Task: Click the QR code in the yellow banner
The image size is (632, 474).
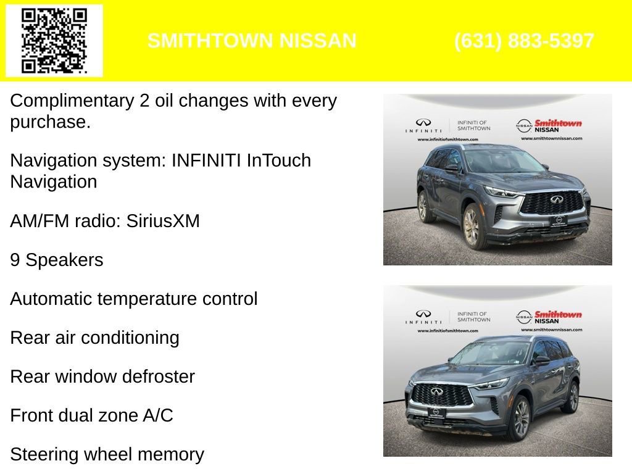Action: tap(54, 41)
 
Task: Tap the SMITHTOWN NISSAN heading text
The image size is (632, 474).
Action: tap(252, 41)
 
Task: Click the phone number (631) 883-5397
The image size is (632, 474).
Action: tap(524, 41)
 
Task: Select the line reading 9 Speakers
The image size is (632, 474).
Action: tap(57, 260)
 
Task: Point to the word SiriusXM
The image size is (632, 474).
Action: tap(163, 221)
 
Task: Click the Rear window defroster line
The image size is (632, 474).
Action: tap(102, 376)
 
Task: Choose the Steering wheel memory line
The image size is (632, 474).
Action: tap(107, 454)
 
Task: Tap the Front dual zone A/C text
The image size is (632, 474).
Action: tap(91, 415)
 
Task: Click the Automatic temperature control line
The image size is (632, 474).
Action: tap(133, 299)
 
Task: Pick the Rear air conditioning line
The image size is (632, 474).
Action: tap(94, 338)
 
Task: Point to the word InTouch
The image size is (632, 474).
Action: tap(278, 161)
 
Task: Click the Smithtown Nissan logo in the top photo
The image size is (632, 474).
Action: tap(549, 126)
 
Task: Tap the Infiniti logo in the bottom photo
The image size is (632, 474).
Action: tap(423, 317)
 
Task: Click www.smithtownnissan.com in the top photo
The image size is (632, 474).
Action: tap(550, 138)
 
